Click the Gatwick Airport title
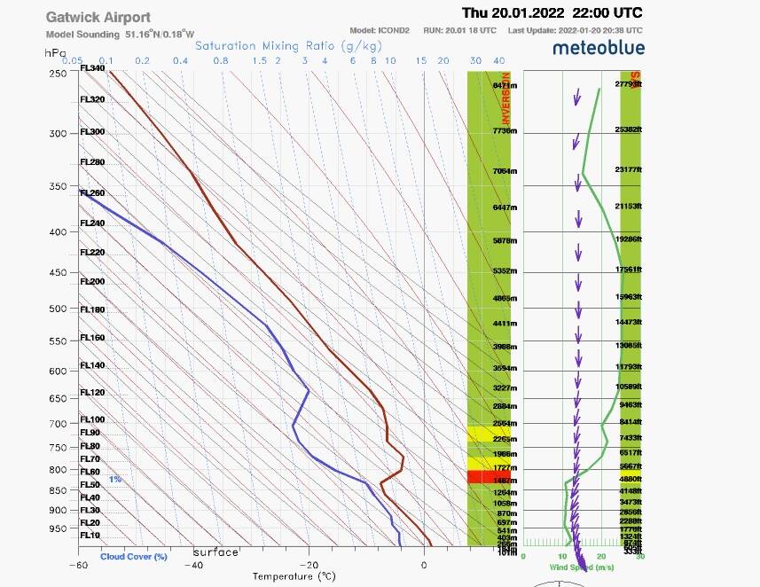pos(98,18)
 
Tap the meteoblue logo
pos(599,48)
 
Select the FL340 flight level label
pos(92,68)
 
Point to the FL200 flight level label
pos(92,281)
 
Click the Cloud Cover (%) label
pos(134,557)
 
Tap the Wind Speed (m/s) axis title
pos(583,567)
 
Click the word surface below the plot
pos(216,552)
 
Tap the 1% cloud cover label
pos(115,479)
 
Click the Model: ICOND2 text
pos(380,30)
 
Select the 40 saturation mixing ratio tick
pos(499,60)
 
